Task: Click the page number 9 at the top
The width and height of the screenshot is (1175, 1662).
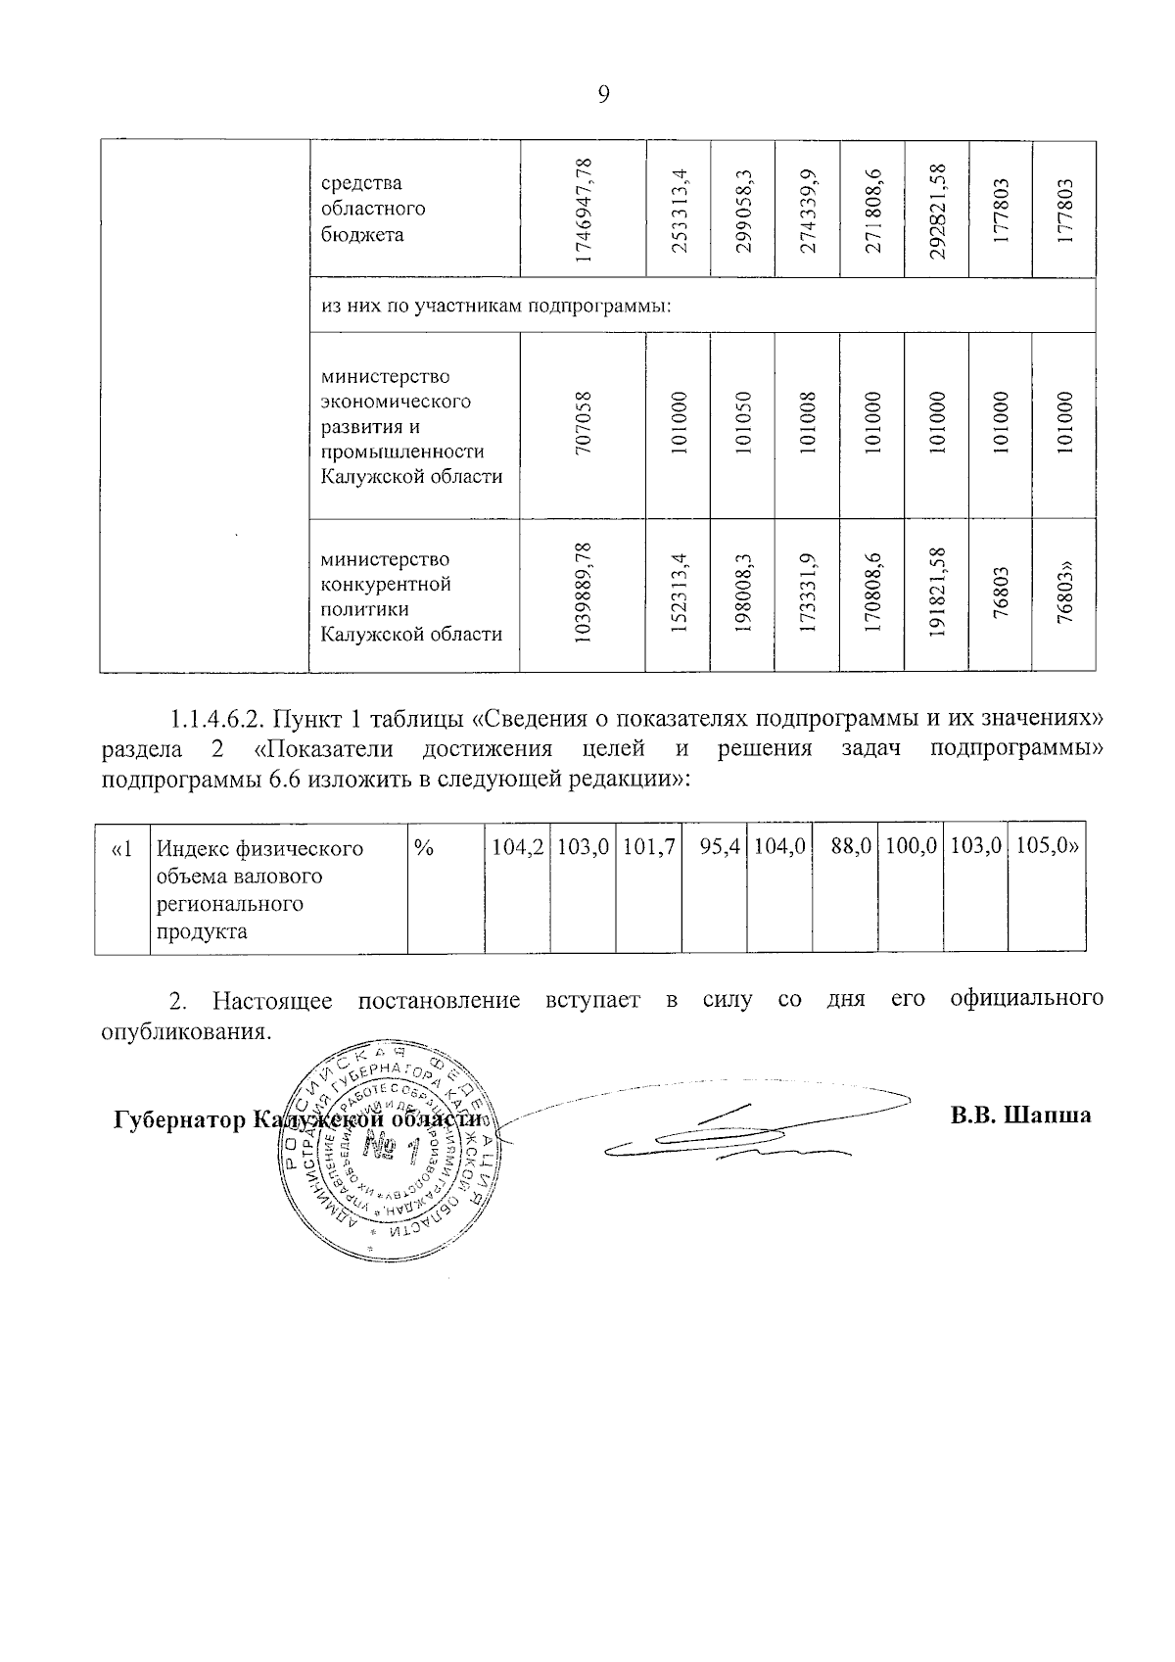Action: [603, 94]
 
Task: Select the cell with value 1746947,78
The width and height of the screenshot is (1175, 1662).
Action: [584, 210]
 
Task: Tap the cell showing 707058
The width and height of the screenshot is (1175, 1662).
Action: [584, 424]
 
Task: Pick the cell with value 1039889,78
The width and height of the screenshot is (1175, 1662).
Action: [584, 594]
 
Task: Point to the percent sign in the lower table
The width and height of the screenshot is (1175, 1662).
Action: [424, 849]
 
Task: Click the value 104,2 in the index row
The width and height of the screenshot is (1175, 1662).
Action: [517, 848]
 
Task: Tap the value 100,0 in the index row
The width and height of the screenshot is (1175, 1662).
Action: [912, 848]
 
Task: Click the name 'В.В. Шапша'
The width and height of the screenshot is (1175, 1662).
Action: [1020, 1116]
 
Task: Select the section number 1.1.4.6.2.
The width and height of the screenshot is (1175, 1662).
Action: [213, 719]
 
